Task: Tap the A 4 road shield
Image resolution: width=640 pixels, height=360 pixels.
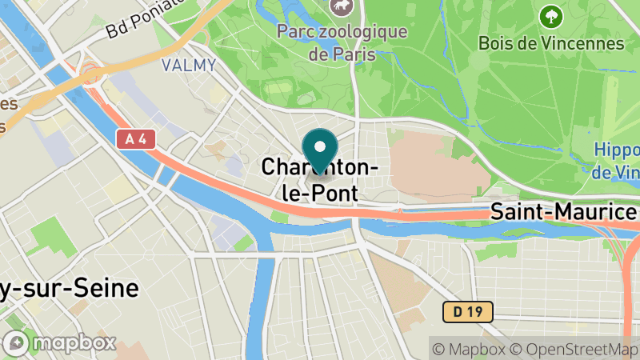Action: (x=135, y=138)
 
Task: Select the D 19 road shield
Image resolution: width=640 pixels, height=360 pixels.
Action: (x=468, y=312)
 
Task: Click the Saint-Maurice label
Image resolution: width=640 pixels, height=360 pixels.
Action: (x=562, y=212)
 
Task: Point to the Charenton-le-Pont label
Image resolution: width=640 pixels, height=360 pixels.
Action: (x=319, y=181)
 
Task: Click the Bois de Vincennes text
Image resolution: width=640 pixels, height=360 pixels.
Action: (x=550, y=42)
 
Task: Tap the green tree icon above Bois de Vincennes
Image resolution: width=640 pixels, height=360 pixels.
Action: (x=550, y=15)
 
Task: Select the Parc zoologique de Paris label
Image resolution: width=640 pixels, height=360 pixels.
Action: (x=342, y=43)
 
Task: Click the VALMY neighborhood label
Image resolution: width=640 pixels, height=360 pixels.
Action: (x=189, y=65)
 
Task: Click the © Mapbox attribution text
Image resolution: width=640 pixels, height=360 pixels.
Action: (x=472, y=349)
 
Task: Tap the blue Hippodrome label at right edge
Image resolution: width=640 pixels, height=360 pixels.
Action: (x=618, y=160)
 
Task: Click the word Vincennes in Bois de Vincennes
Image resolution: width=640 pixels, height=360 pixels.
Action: (x=574, y=42)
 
